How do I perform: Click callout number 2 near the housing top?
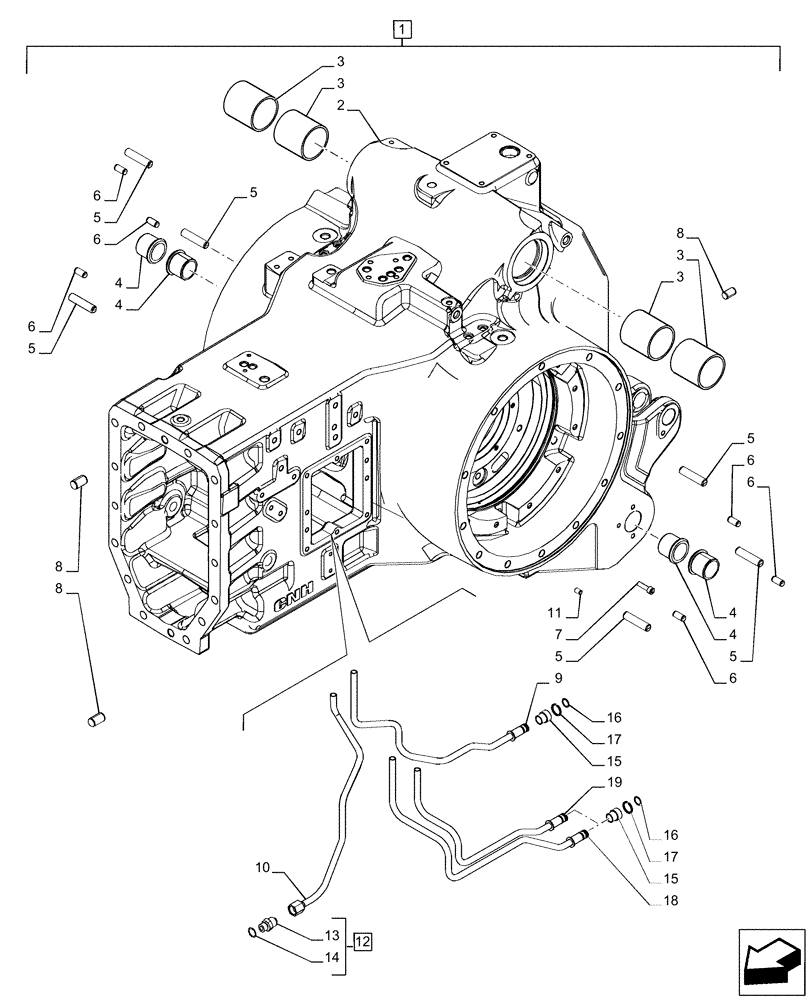click(x=342, y=104)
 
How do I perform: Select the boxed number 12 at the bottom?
click(x=362, y=941)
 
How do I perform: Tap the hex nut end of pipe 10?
click(x=297, y=908)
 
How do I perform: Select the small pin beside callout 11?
click(x=579, y=591)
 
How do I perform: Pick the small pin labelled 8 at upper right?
click(x=731, y=291)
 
